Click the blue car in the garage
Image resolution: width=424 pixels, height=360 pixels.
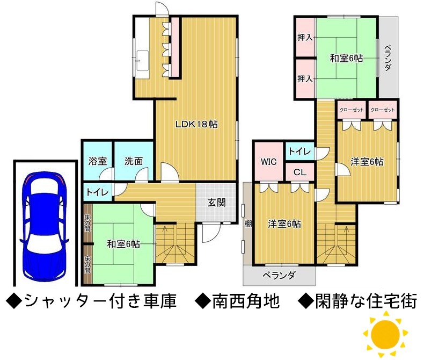[x=45, y=227]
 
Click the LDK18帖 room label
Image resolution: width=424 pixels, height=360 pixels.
[x=196, y=124]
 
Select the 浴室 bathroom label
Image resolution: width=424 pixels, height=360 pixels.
[x=98, y=161]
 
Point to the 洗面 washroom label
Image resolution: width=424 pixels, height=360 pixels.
[x=134, y=161]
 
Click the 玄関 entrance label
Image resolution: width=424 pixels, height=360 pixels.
[x=217, y=203]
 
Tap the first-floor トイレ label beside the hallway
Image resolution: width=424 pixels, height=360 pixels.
[x=97, y=192]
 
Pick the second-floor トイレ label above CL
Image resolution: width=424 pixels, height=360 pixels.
[x=300, y=152]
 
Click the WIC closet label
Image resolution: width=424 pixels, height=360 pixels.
[x=268, y=162]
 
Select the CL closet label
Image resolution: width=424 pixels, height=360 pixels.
[x=300, y=172]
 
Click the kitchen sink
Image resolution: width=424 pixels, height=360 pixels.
[x=142, y=61]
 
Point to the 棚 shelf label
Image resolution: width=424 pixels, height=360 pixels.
[x=248, y=224]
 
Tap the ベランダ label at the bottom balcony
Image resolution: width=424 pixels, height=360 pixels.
[x=279, y=276]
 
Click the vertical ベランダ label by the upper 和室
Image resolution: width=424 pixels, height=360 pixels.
[x=388, y=57]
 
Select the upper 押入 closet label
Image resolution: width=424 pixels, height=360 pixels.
[x=305, y=38]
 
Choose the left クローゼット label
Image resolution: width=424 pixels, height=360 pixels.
[x=352, y=110]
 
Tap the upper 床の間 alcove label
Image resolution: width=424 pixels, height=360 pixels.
[x=87, y=223]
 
